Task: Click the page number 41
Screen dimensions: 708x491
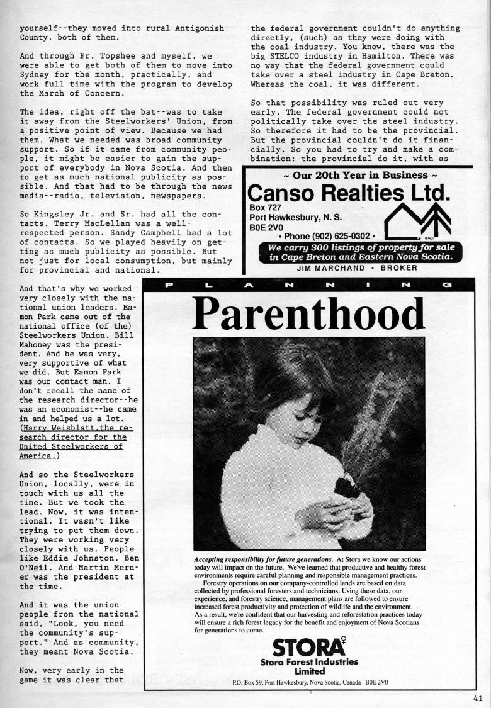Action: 480,697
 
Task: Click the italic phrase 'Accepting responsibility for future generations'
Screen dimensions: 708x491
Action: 264,559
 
